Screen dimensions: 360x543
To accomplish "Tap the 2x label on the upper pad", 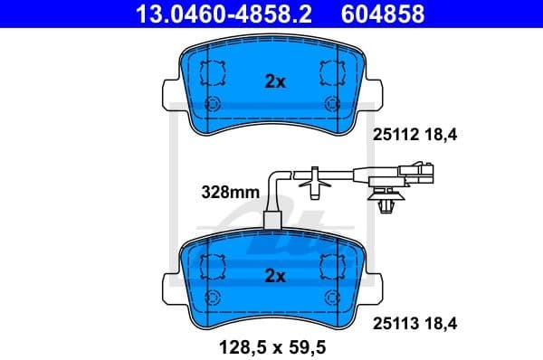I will [x=274, y=81].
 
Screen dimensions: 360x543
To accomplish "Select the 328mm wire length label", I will [x=230, y=192].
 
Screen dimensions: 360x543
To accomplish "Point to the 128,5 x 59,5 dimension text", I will [x=274, y=344].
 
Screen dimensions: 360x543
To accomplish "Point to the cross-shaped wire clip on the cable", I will [x=313, y=182].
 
